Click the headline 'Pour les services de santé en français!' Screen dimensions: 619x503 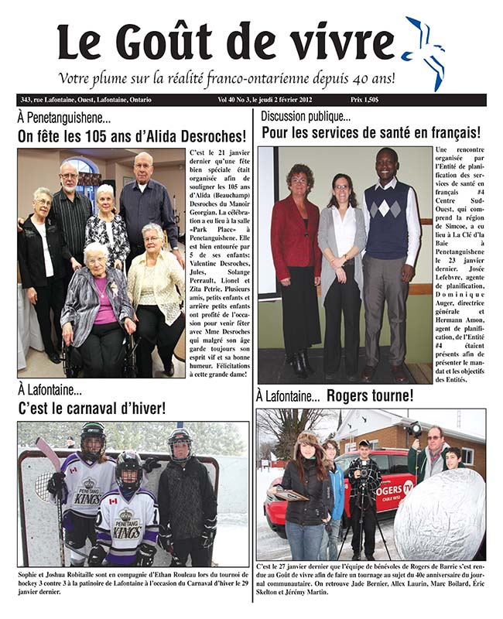click(371, 133)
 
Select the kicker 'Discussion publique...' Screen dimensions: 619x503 click(305, 117)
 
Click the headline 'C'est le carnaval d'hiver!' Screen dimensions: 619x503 click(91, 408)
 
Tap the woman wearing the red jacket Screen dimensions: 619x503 click(295, 248)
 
